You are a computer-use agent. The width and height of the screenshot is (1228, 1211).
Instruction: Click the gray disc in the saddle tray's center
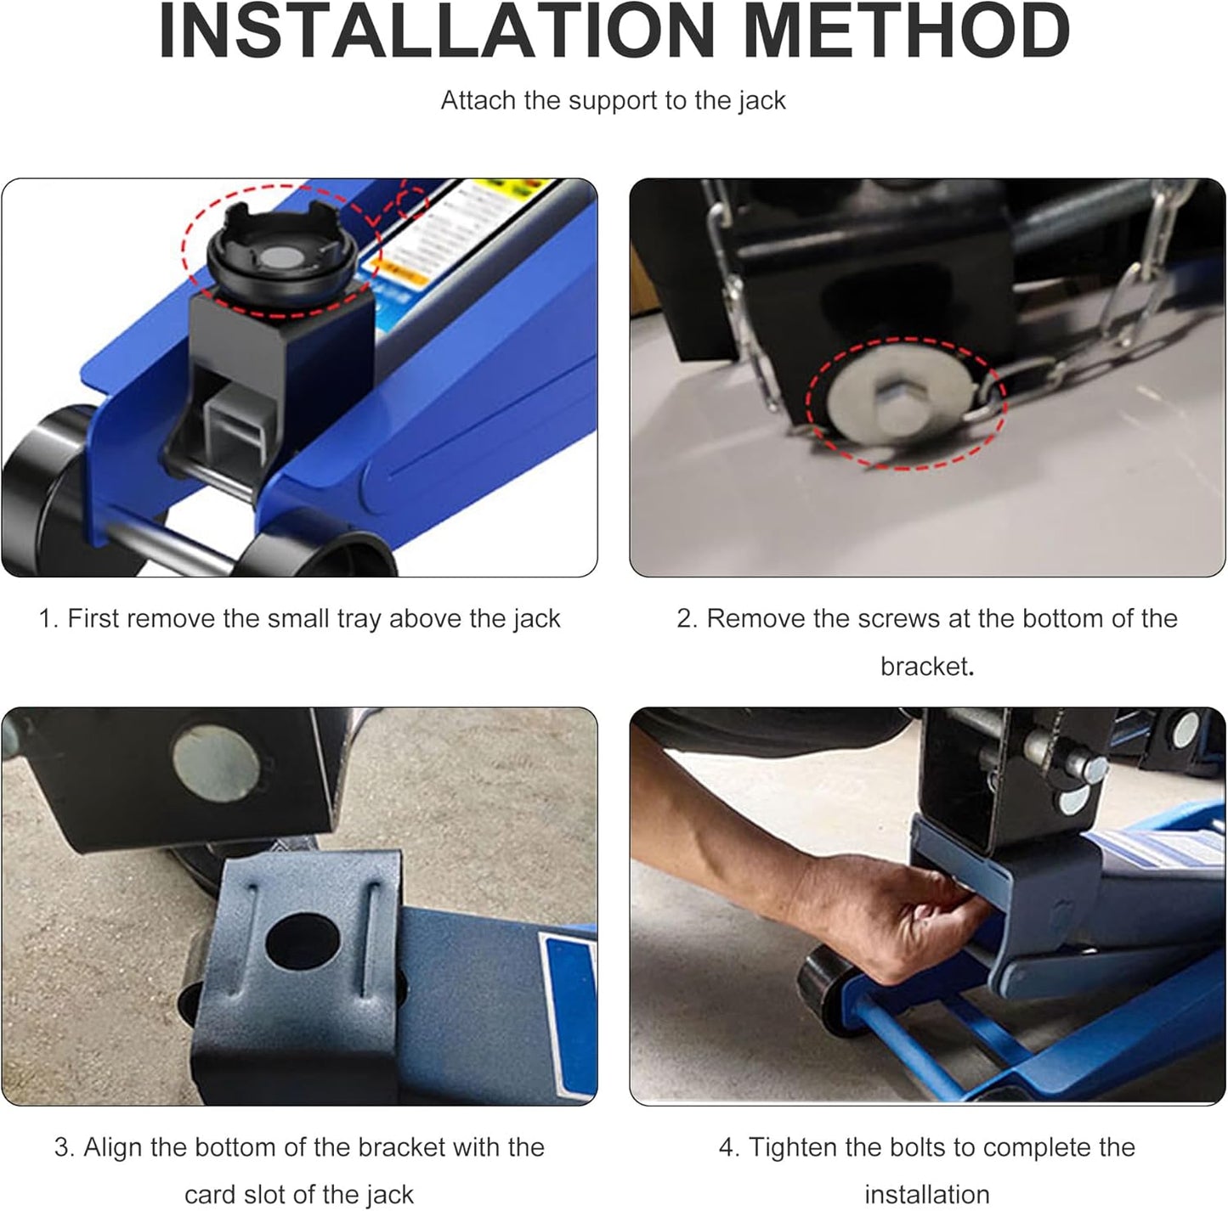[282, 257]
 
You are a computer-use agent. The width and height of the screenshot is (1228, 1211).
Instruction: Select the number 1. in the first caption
[48, 618]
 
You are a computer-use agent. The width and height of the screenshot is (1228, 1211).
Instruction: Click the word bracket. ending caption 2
[927, 667]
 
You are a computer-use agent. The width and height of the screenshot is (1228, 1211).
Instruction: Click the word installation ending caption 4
[927, 1195]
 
